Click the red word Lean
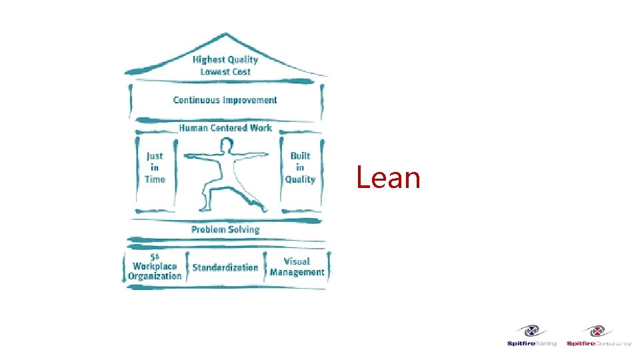coord(388,178)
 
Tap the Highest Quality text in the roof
coord(225,59)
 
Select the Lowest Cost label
coord(225,71)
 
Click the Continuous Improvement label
coord(225,100)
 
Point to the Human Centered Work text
coord(225,127)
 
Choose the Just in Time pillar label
coord(154,167)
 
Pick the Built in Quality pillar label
coord(300,167)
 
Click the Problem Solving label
coord(225,229)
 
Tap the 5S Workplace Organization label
coord(155,267)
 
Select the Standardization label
coord(225,267)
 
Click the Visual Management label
coord(297,267)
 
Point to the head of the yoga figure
coord(227,145)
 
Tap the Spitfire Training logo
coord(531,335)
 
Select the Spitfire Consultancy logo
coord(598,335)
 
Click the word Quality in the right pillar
coord(300,179)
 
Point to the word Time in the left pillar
coord(155,179)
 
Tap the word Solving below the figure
coord(244,229)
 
